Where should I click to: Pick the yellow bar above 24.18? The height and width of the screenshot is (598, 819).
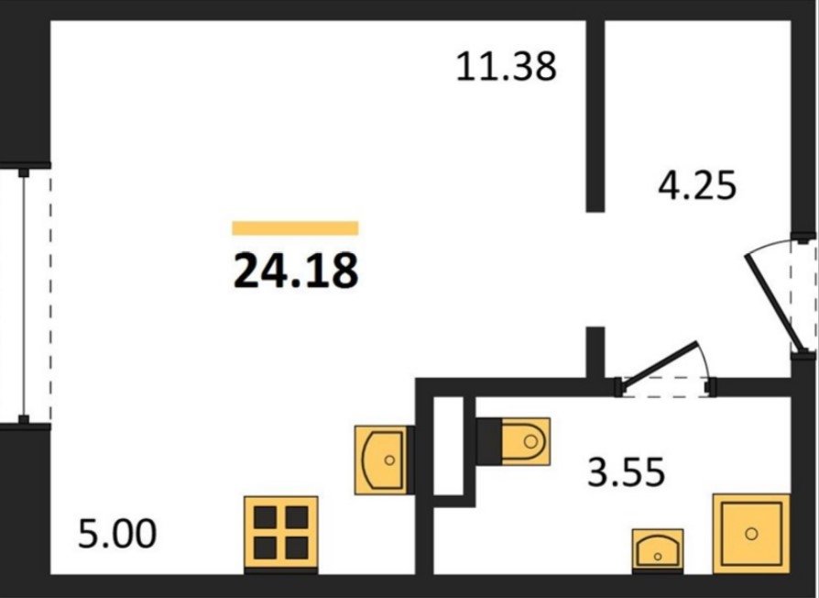pyautogui.click(x=295, y=228)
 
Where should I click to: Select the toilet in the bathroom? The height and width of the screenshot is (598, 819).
pyautogui.click(x=524, y=439)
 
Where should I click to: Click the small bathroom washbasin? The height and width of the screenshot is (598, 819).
pyautogui.click(x=658, y=548)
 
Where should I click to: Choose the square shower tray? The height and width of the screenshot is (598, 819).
pyautogui.click(x=751, y=531)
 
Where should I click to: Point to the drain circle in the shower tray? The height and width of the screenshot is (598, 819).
pyautogui.click(x=751, y=532)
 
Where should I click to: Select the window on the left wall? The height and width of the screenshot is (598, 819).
pyautogui.click(x=24, y=293)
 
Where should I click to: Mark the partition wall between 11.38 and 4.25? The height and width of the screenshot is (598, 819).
pyautogui.click(x=596, y=110)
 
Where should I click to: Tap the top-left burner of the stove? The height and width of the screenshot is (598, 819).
pyautogui.click(x=266, y=520)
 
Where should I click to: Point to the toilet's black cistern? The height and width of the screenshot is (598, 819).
pyautogui.click(x=488, y=439)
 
